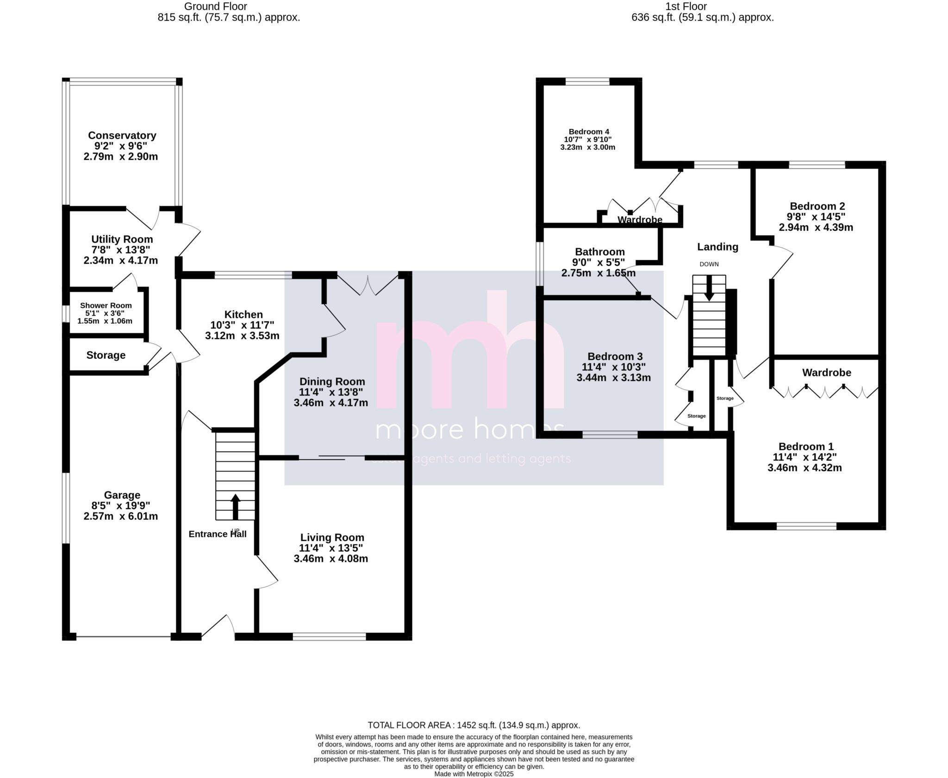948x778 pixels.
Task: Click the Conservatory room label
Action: click(x=122, y=136)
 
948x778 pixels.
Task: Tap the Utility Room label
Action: click(x=122, y=239)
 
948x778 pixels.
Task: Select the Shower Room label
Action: click(x=106, y=305)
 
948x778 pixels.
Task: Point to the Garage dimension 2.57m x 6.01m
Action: click(x=121, y=516)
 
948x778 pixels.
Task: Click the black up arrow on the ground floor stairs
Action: click(x=236, y=506)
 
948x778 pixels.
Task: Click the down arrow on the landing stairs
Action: click(x=709, y=291)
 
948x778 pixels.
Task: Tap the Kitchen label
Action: click(x=243, y=315)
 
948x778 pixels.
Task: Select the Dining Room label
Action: click(x=332, y=382)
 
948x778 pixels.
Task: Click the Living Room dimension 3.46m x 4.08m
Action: click(x=331, y=558)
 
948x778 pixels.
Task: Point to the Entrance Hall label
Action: click(x=218, y=534)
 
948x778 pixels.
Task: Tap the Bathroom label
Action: click(x=600, y=252)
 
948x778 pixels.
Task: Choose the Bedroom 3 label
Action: click(x=615, y=356)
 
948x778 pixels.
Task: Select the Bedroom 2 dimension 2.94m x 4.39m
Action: click(x=816, y=227)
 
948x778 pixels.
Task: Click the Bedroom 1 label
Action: click(x=806, y=447)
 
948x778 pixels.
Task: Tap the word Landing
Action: click(x=717, y=247)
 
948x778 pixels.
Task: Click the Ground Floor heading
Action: click(x=216, y=6)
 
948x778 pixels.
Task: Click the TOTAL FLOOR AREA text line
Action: click(x=474, y=725)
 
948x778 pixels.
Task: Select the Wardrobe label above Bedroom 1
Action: click(x=827, y=373)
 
